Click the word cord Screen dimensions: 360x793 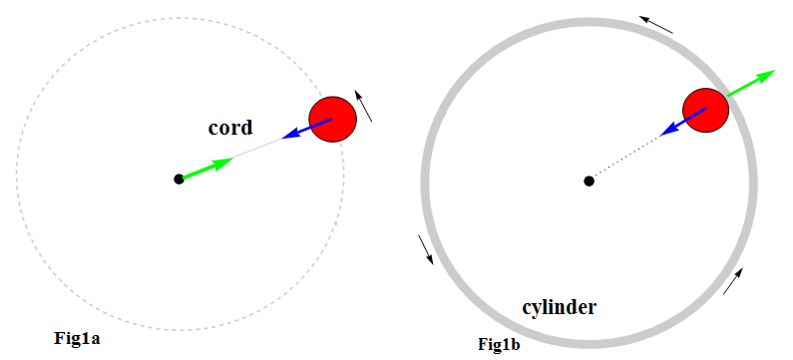(229, 128)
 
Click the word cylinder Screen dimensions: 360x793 (560, 307)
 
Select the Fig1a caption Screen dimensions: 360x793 (78, 339)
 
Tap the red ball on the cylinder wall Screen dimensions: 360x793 (707, 108)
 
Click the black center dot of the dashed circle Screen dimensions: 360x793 (179, 179)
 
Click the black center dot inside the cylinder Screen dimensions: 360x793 (590, 180)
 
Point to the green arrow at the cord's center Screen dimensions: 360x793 (208, 167)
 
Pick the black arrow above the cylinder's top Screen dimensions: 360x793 (656, 24)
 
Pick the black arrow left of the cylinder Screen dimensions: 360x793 (425, 250)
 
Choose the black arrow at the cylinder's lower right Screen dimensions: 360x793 (732, 282)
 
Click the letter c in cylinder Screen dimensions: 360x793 (529, 307)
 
